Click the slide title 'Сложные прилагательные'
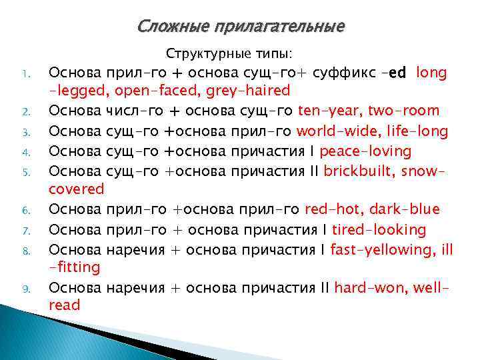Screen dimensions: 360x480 (x=241, y=26)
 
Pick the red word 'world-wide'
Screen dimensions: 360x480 (x=332, y=131)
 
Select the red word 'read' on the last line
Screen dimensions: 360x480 (x=65, y=306)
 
